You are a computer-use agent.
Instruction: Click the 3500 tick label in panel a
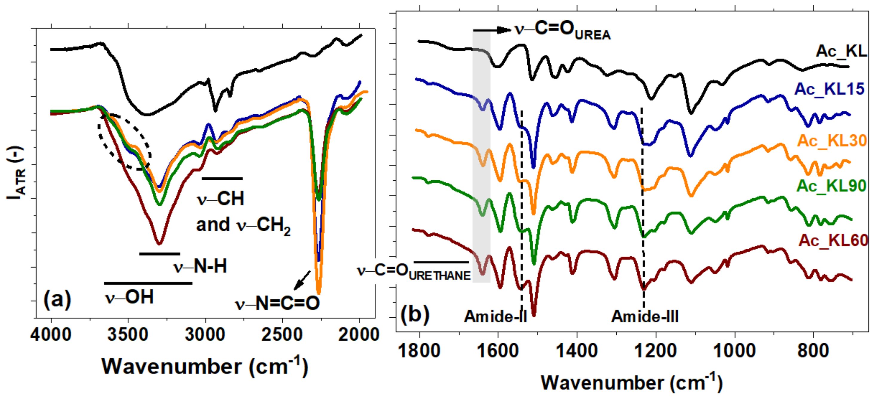pyautogui.click(x=128, y=335)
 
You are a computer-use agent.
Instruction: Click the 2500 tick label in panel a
pyautogui.click(x=282, y=335)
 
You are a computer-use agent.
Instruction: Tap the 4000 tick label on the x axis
pyautogui.click(x=51, y=335)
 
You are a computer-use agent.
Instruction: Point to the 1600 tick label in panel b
pyautogui.click(x=498, y=351)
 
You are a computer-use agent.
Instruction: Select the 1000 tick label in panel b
pyautogui.click(x=735, y=351)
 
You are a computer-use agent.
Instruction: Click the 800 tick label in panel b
pyautogui.click(x=813, y=351)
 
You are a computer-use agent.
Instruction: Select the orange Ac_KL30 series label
pyautogui.click(x=832, y=141)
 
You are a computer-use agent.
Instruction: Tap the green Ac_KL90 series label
pyautogui.click(x=831, y=186)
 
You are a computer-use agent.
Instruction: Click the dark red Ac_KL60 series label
pyautogui.click(x=833, y=240)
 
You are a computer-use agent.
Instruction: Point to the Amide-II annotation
pyautogui.click(x=495, y=316)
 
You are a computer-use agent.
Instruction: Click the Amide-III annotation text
pyautogui.click(x=645, y=316)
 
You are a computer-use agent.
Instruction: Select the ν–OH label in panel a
pyautogui.click(x=129, y=297)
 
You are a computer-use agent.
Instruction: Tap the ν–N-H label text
pyautogui.click(x=200, y=266)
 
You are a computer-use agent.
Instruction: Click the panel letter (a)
pyautogui.click(x=57, y=299)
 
